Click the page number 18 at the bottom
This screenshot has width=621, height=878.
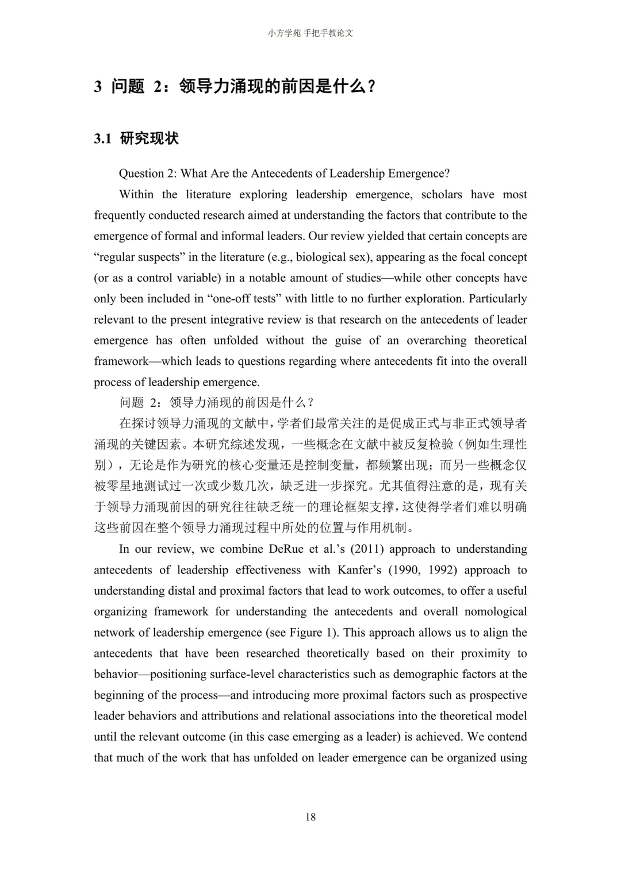(310, 817)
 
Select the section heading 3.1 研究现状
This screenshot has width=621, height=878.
(136, 138)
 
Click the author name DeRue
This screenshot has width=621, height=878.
(286, 549)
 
